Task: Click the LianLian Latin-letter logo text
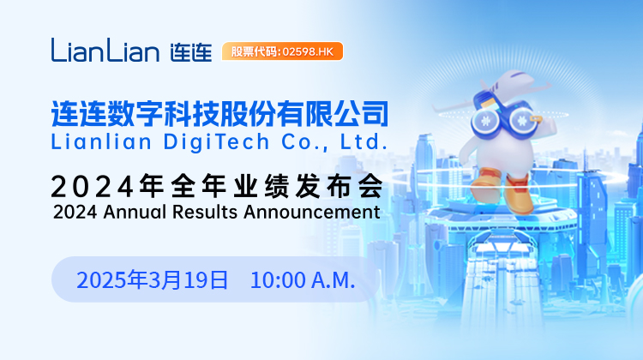pos(105,50)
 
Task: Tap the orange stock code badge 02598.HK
pos(282,51)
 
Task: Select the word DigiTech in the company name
pos(216,142)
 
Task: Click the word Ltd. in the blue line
pos(364,142)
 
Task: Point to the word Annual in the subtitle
pos(135,212)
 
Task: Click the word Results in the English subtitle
pos(205,212)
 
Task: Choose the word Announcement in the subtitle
pos(312,212)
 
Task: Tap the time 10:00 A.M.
pos(303,280)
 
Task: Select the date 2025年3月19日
pos(152,280)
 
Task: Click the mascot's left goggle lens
pos(485,122)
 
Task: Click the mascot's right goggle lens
pos(522,121)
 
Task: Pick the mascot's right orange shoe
pos(519,195)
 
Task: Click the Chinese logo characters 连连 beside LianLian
pos(191,52)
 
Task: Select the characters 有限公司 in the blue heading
pos(333,113)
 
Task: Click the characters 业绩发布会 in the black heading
pos(309,186)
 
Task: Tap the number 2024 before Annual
pos(75,212)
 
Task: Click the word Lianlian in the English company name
pos(101,142)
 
